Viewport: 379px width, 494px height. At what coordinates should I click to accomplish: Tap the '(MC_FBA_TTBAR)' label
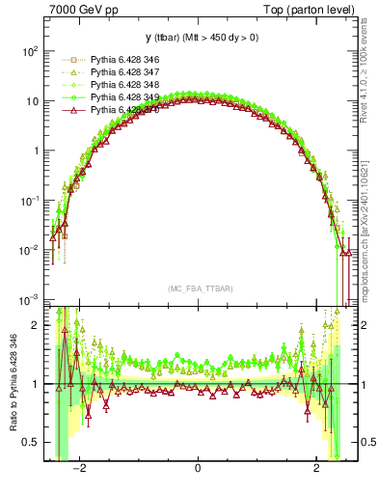198,288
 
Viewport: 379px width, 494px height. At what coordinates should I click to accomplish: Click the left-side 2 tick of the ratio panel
35,325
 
